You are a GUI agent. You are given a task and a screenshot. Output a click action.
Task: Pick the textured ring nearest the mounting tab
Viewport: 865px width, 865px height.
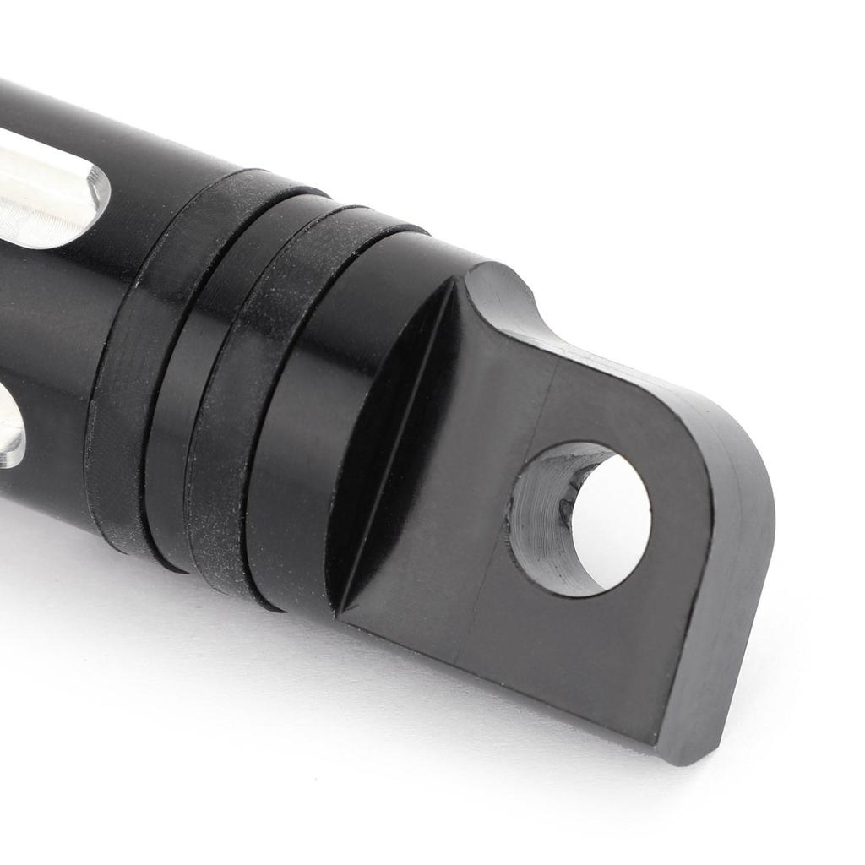[253, 405]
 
